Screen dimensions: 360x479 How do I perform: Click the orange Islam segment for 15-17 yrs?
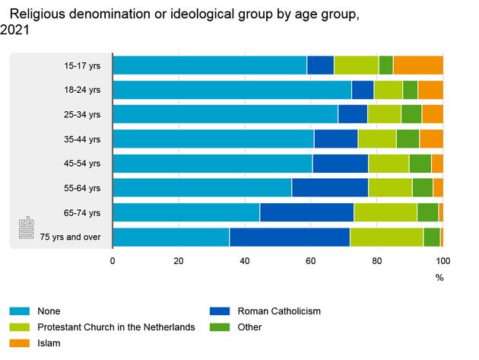tap(417, 65)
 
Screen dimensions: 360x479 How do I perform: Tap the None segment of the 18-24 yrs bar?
tap(232, 90)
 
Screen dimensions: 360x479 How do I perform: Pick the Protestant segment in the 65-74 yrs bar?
tap(385, 212)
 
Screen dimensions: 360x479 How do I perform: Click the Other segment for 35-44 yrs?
tap(408, 139)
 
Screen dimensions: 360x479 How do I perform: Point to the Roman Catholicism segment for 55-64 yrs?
tap(330, 188)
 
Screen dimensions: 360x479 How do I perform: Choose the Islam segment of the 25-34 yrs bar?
tap(432, 114)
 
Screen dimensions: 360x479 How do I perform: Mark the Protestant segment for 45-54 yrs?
tap(389, 164)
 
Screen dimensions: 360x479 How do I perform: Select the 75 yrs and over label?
tap(71, 237)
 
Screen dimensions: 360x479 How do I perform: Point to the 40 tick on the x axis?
tap(244, 261)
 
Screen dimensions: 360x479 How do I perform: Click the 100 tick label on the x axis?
tap(443, 261)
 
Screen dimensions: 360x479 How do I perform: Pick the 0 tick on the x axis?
tap(113, 261)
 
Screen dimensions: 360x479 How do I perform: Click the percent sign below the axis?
tap(439, 278)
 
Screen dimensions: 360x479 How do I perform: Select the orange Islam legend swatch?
tap(20, 343)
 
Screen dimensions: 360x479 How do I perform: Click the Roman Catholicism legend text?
tap(279, 311)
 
